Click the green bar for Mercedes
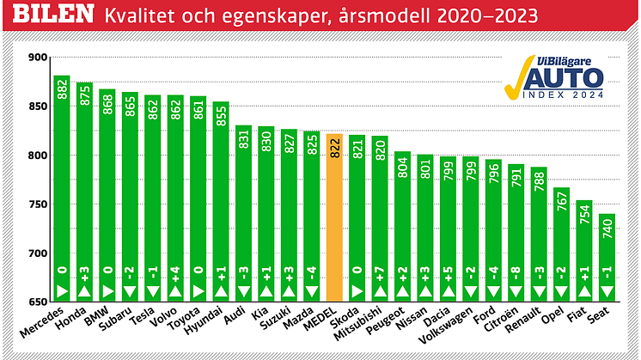[x=62, y=189]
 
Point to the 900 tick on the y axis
[x=38, y=58]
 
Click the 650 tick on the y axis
[x=38, y=302]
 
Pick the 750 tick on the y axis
[x=38, y=204]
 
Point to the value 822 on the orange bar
[x=335, y=147]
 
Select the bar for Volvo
[x=175, y=198]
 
